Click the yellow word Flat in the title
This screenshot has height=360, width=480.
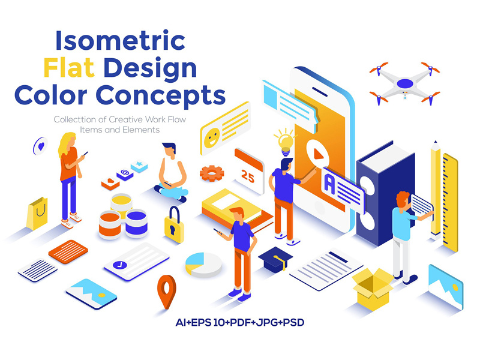(69, 67)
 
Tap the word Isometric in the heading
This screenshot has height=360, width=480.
(121, 40)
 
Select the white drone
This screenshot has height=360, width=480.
(404, 83)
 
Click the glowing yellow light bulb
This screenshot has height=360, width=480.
(286, 142)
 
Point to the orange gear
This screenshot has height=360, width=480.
(212, 173)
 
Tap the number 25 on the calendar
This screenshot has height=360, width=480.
(247, 176)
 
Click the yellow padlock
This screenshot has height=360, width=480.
(174, 225)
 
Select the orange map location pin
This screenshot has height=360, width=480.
(167, 292)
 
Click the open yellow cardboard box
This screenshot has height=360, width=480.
(372, 289)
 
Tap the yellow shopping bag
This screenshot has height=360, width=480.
(37, 214)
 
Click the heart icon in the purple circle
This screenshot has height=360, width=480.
(41, 146)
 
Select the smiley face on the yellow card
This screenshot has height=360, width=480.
(212, 139)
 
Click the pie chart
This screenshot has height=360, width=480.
(203, 265)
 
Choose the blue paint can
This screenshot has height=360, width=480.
(136, 223)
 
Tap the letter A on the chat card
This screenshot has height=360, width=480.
(329, 183)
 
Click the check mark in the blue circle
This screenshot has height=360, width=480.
(119, 265)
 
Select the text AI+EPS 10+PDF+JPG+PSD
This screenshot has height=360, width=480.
(239, 322)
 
